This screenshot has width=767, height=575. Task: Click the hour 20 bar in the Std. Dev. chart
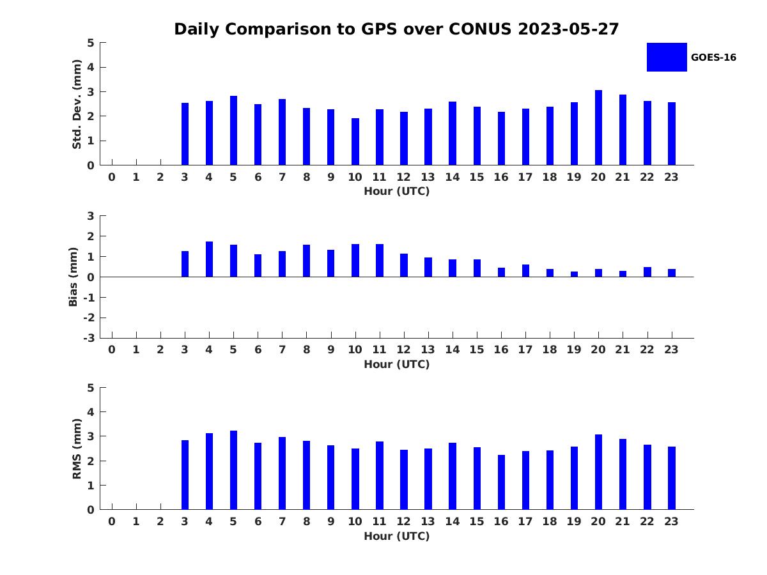[x=598, y=128]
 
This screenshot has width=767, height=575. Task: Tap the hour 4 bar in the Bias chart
[x=209, y=259]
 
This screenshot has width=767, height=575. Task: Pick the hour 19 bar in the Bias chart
[x=574, y=274]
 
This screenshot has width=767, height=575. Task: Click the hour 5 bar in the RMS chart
[x=233, y=470]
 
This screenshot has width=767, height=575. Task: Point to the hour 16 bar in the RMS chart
[x=501, y=482]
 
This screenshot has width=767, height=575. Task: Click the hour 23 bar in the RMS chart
[x=672, y=478]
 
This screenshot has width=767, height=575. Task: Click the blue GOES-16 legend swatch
[x=667, y=57]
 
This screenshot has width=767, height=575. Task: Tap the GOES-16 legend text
[x=713, y=57]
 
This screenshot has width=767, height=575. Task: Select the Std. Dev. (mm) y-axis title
[x=77, y=104]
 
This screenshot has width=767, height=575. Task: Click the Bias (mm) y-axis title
[x=74, y=277]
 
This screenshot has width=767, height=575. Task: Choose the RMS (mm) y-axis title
[x=77, y=448]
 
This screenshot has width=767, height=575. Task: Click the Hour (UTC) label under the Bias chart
[x=396, y=364]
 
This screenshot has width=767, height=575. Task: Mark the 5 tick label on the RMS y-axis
[x=91, y=388]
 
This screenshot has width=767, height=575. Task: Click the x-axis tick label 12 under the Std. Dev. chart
[x=403, y=177]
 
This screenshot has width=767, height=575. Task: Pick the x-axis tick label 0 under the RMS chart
[x=112, y=521]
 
